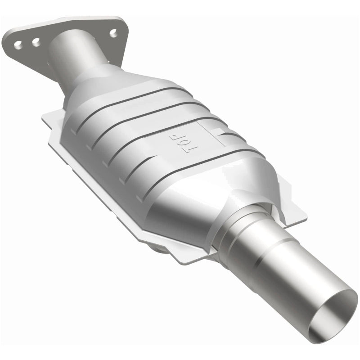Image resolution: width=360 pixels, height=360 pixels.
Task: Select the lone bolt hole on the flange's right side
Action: click(113, 32)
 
